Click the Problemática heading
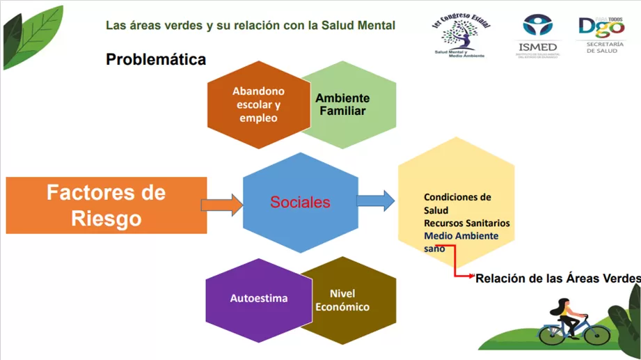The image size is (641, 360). (156, 60)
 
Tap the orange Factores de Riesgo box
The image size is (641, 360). (106, 205)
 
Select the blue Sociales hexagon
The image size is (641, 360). (300, 203)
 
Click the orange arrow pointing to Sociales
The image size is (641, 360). (221, 204)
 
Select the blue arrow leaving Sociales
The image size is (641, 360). (375, 201)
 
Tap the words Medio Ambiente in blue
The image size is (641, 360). (461, 236)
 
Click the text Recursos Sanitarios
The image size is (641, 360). (466, 224)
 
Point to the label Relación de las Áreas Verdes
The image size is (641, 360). (557, 279)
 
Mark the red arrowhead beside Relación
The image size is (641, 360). (471, 276)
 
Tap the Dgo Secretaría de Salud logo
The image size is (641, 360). (601, 33)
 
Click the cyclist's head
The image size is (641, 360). (564, 304)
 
